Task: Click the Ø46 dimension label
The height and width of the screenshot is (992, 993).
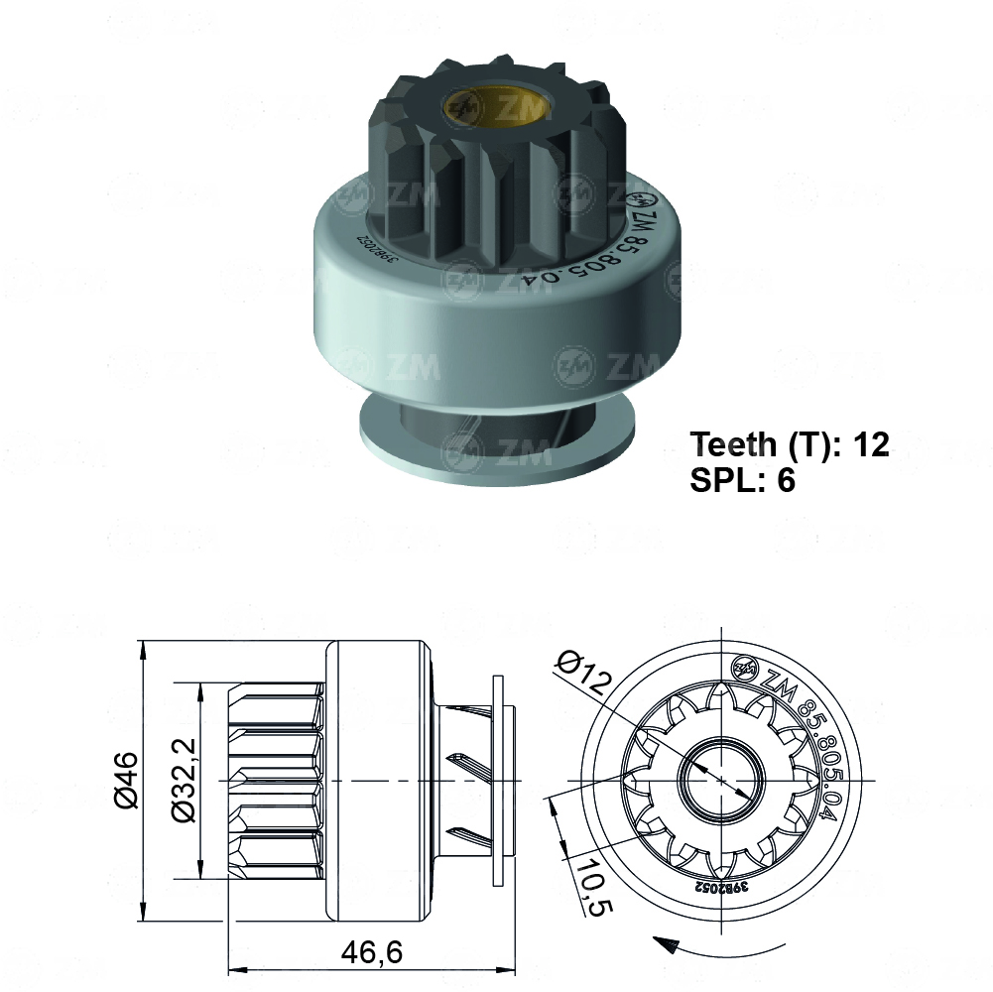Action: click(x=127, y=781)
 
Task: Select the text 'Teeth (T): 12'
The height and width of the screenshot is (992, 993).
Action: click(x=790, y=443)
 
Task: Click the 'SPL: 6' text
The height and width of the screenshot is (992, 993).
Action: click(x=743, y=481)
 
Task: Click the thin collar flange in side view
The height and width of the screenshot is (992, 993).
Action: click(x=498, y=781)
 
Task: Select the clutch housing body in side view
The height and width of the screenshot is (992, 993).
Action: click(x=379, y=781)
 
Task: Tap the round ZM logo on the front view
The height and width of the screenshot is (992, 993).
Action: click(x=744, y=670)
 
